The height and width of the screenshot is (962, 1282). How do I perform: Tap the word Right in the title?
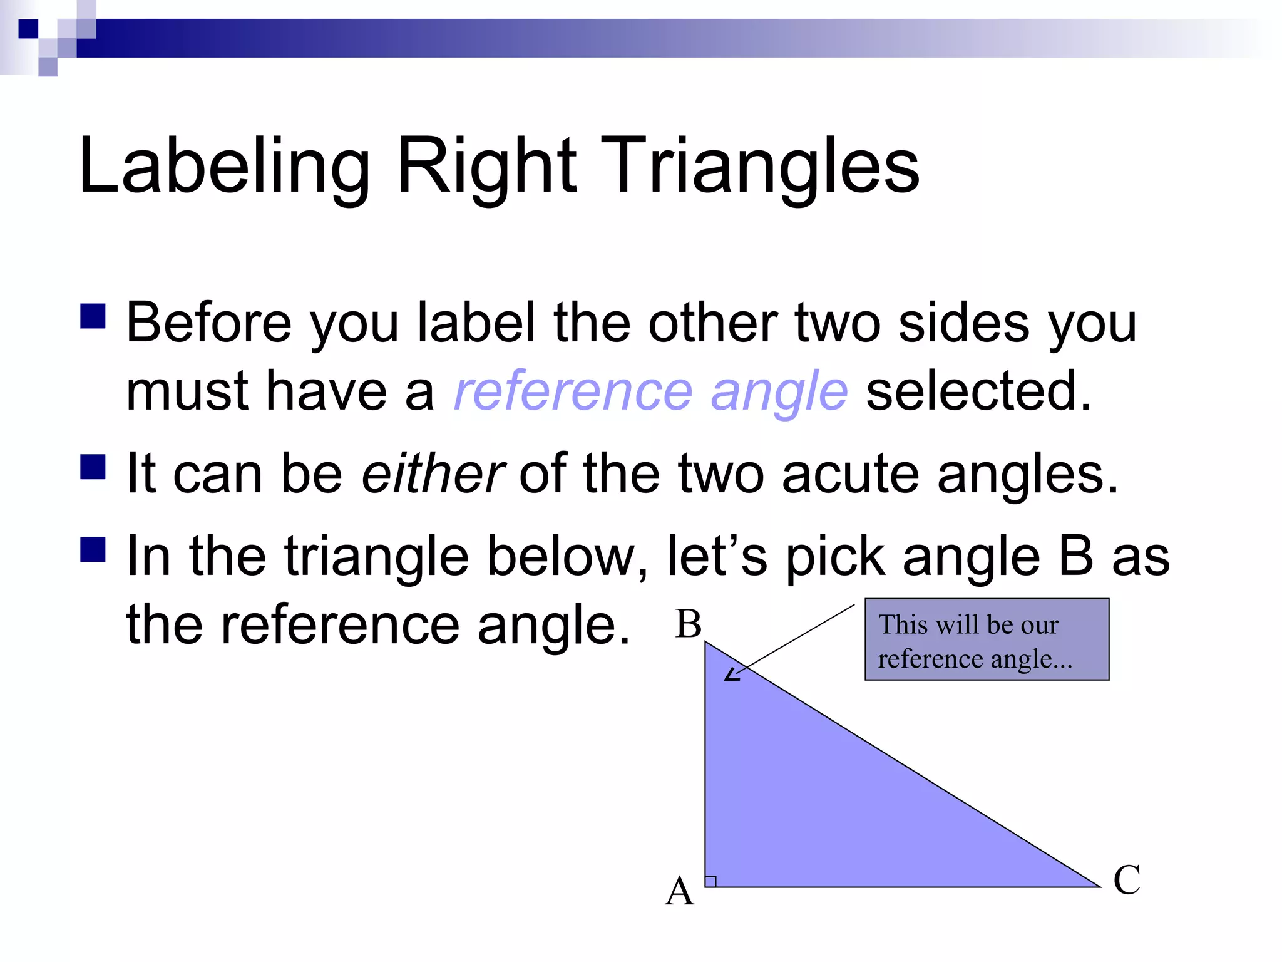click(486, 166)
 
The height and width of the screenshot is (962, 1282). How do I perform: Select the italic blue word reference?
click(573, 391)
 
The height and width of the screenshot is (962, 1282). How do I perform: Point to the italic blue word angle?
click(779, 391)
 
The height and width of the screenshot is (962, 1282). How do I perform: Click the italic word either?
click(433, 473)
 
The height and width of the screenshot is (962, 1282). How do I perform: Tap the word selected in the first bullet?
click(978, 391)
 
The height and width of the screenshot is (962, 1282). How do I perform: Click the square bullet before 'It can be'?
click(93, 467)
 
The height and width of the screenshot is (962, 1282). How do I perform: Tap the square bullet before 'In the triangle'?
click(93, 549)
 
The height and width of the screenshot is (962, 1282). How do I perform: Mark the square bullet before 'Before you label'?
click(93, 316)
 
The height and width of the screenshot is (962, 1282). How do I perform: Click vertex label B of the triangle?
click(688, 624)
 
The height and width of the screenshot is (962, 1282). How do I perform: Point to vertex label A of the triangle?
click(680, 891)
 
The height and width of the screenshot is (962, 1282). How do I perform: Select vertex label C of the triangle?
click(1127, 879)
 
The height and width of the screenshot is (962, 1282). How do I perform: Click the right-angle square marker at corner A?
click(710, 881)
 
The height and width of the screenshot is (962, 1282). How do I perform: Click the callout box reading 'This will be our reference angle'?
click(987, 639)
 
